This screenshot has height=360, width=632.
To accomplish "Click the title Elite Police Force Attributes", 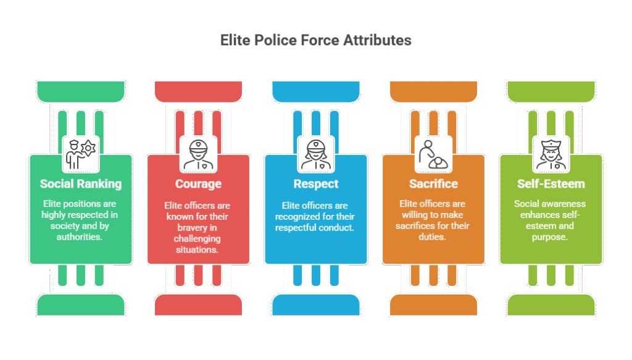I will point(315,41).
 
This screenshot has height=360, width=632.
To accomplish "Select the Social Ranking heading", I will point(81,183).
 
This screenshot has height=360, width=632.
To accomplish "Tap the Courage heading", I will point(198,183).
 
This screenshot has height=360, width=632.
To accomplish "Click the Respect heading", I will point(315,183).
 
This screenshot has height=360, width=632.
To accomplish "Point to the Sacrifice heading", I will point(433,183).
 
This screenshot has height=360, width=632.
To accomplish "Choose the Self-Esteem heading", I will point(551,183).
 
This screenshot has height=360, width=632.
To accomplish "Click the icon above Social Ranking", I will point(81,153).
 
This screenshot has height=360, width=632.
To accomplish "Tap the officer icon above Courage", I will point(198,153).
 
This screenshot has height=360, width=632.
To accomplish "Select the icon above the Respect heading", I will point(315,153).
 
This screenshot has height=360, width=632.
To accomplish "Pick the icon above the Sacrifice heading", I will point(433,153).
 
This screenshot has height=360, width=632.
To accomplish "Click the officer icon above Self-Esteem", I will point(551,153).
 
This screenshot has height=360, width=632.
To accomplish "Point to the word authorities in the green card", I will point(81,237).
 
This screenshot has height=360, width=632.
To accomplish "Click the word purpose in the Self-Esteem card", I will point(551,237).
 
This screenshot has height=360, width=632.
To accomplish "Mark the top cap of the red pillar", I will point(198,91).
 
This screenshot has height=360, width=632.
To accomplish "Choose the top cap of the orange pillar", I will point(433,91).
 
